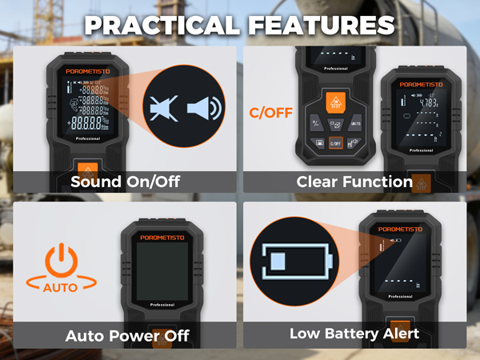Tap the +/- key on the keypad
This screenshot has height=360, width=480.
point(315,122)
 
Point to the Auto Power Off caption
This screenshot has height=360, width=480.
point(127,335)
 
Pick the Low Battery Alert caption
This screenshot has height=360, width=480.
point(354,334)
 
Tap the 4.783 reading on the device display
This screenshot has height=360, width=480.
point(429,102)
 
